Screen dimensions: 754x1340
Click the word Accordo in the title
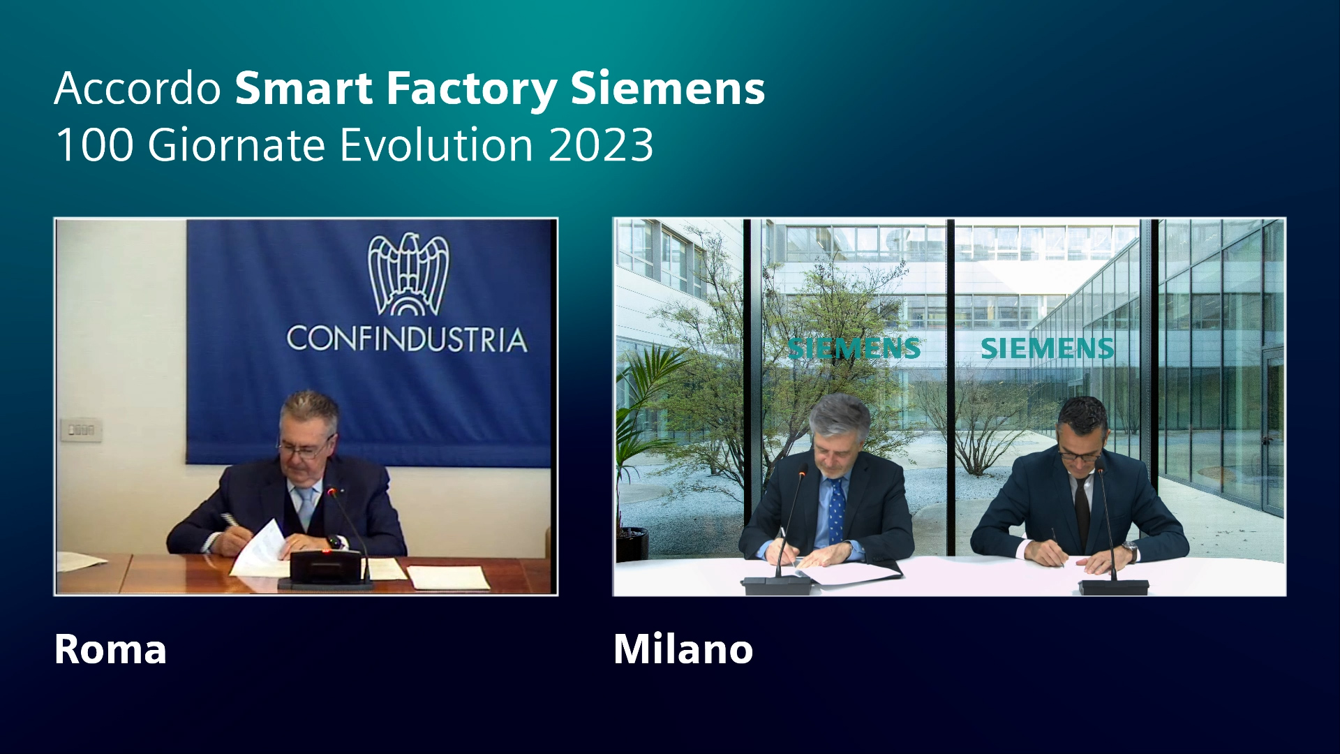(x=137, y=89)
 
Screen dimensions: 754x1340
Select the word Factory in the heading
(x=472, y=89)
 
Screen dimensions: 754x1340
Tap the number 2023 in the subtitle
(x=601, y=145)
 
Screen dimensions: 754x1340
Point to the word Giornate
(x=237, y=145)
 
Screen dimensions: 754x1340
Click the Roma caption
(x=110, y=649)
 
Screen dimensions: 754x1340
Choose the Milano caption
(x=683, y=649)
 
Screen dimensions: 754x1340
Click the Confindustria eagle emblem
(x=408, y=274)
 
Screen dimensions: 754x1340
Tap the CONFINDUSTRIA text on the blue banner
(x=407, y=339)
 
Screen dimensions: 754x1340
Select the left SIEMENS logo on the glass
(x=854, y=348)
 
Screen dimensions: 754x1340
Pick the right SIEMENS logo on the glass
(x=1047, y=348)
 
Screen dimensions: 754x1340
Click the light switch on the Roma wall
(x=81, y=429)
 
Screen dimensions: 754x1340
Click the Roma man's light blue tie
(x=306, y=506)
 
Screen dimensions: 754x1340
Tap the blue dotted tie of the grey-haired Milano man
(x=836, y=510)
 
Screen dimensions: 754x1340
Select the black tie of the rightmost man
(x=1082, y=513)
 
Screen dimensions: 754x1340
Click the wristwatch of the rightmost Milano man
(x=1129, y=551)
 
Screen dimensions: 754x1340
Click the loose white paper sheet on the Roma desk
(x=449, y=577)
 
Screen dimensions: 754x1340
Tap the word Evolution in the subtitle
(x=437, y=145)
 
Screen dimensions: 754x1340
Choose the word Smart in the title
(x=304, y=89)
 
